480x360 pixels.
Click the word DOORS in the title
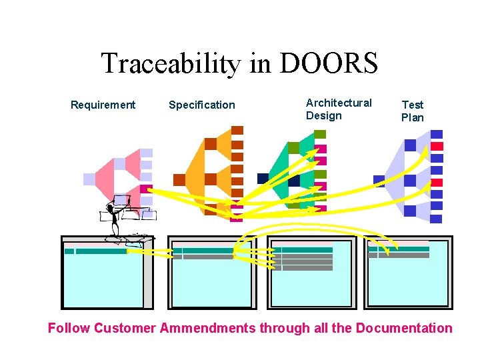pos(329,64)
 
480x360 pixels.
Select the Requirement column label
pos(103,105)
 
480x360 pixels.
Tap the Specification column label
pos(202,105)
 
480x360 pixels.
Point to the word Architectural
pos(339,103)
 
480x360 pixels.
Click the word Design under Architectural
pos(323,116)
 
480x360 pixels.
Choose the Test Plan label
pos(412,111)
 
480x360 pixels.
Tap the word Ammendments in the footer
pos(207,328)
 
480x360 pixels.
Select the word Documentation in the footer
pos(404,328)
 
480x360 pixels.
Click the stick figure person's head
pos(121,200)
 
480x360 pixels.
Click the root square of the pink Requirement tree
pos(89,179)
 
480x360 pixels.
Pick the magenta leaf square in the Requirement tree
pos(146,189)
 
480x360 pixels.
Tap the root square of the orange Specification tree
pos(179,179)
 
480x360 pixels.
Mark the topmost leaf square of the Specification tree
pos(237,130)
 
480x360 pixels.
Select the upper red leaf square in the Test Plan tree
pos(437,146)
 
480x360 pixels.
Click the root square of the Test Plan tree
pos(379,180)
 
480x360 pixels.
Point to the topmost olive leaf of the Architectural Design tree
pos(320,134)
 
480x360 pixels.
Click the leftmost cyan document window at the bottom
pos(103,273)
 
